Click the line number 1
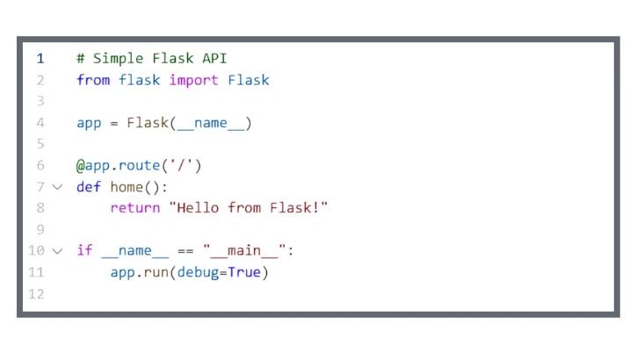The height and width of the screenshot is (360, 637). tap(40, 59)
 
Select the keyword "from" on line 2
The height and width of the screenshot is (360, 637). tap(92, 80)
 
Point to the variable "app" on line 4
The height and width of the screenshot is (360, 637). tap(89, 123)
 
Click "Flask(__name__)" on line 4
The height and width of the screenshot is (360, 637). tap(189, 123)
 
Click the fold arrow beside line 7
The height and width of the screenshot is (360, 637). tap(57, 187)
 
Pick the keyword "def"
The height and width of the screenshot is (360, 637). tap(89, 187)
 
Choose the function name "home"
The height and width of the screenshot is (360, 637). tap(127, 187)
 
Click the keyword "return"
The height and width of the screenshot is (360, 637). tap(134, 208)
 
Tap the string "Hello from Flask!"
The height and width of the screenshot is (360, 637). tap(252, 208)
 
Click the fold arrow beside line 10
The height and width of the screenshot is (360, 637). tap(57, 251)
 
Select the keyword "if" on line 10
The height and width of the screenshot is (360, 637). tap(84, 251)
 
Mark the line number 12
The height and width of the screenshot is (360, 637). tap(36, 294)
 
